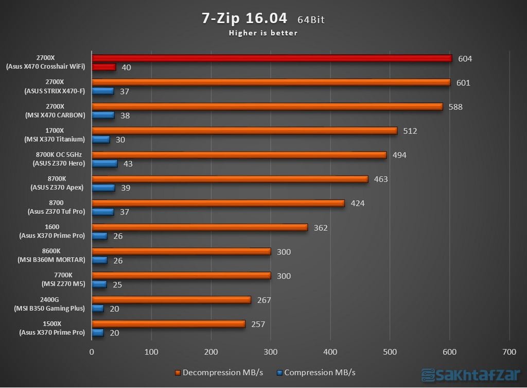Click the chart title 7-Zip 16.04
click(x=244, y=18)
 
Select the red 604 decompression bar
click(x=271, y=58)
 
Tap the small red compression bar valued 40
click(x=103, y=67)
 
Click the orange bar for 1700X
click(x=244, y=131)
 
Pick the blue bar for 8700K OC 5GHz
click(x=104, y=163)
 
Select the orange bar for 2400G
click(x=171, y=300)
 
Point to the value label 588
click(x=455, y=107)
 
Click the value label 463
click(x=381, y=179)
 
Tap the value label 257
click(x=258, y=324)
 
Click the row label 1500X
click(x=53, y=324)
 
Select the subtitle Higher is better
click(x=263, y=33)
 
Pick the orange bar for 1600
click(x=200, y=227)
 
